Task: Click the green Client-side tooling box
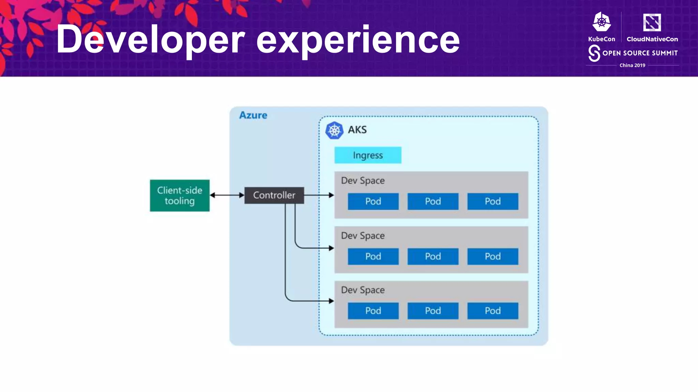180,195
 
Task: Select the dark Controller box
274,195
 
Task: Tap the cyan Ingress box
368,155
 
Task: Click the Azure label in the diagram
253,115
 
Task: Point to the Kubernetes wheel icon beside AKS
334,130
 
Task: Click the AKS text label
357,130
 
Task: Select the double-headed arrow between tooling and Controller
227,195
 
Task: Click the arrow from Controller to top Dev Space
319,195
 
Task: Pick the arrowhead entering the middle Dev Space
331,248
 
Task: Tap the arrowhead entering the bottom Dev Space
331,301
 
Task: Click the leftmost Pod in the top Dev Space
373,201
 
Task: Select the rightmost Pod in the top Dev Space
492,201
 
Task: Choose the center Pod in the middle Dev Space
433,256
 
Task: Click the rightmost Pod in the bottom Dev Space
492,311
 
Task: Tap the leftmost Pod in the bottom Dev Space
373,311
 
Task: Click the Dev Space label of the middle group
363,235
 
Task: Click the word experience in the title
358,40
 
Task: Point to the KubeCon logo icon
602,22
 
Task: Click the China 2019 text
632,65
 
